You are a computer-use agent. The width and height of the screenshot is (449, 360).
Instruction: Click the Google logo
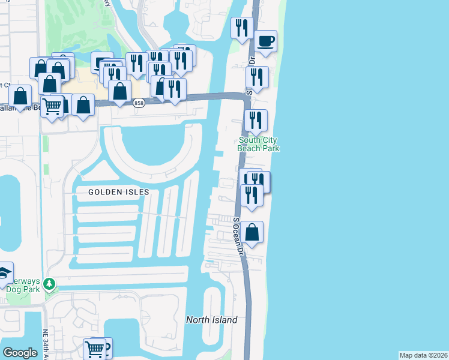[x=20, y=352]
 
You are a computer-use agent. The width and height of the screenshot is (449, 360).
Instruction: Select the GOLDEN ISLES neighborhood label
[x=118, y=191]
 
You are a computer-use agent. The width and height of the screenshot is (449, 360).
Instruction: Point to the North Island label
[x=211, y=320]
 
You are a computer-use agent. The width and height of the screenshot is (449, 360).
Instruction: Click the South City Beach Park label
[x=259, y=144]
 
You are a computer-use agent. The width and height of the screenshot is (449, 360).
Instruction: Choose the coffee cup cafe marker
[x=265, y=42]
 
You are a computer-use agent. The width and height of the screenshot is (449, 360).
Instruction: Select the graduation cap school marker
[x=4, y=273]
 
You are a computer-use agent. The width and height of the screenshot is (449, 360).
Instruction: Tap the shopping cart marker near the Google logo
[x=94, y=349]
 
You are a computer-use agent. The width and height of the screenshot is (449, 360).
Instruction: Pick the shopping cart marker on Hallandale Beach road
[x=53, y=106]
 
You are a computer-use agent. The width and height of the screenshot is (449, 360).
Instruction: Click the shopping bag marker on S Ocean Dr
[x=253, y=232]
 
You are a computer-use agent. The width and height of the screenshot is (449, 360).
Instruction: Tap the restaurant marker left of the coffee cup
[x=242, y=28]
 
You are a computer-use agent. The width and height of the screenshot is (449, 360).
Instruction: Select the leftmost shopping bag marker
[x=20, y=96]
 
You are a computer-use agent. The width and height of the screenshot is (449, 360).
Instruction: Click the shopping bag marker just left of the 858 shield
[x=120, y=91]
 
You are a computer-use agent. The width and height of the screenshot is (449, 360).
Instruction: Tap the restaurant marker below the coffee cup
[x=257, y=77]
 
